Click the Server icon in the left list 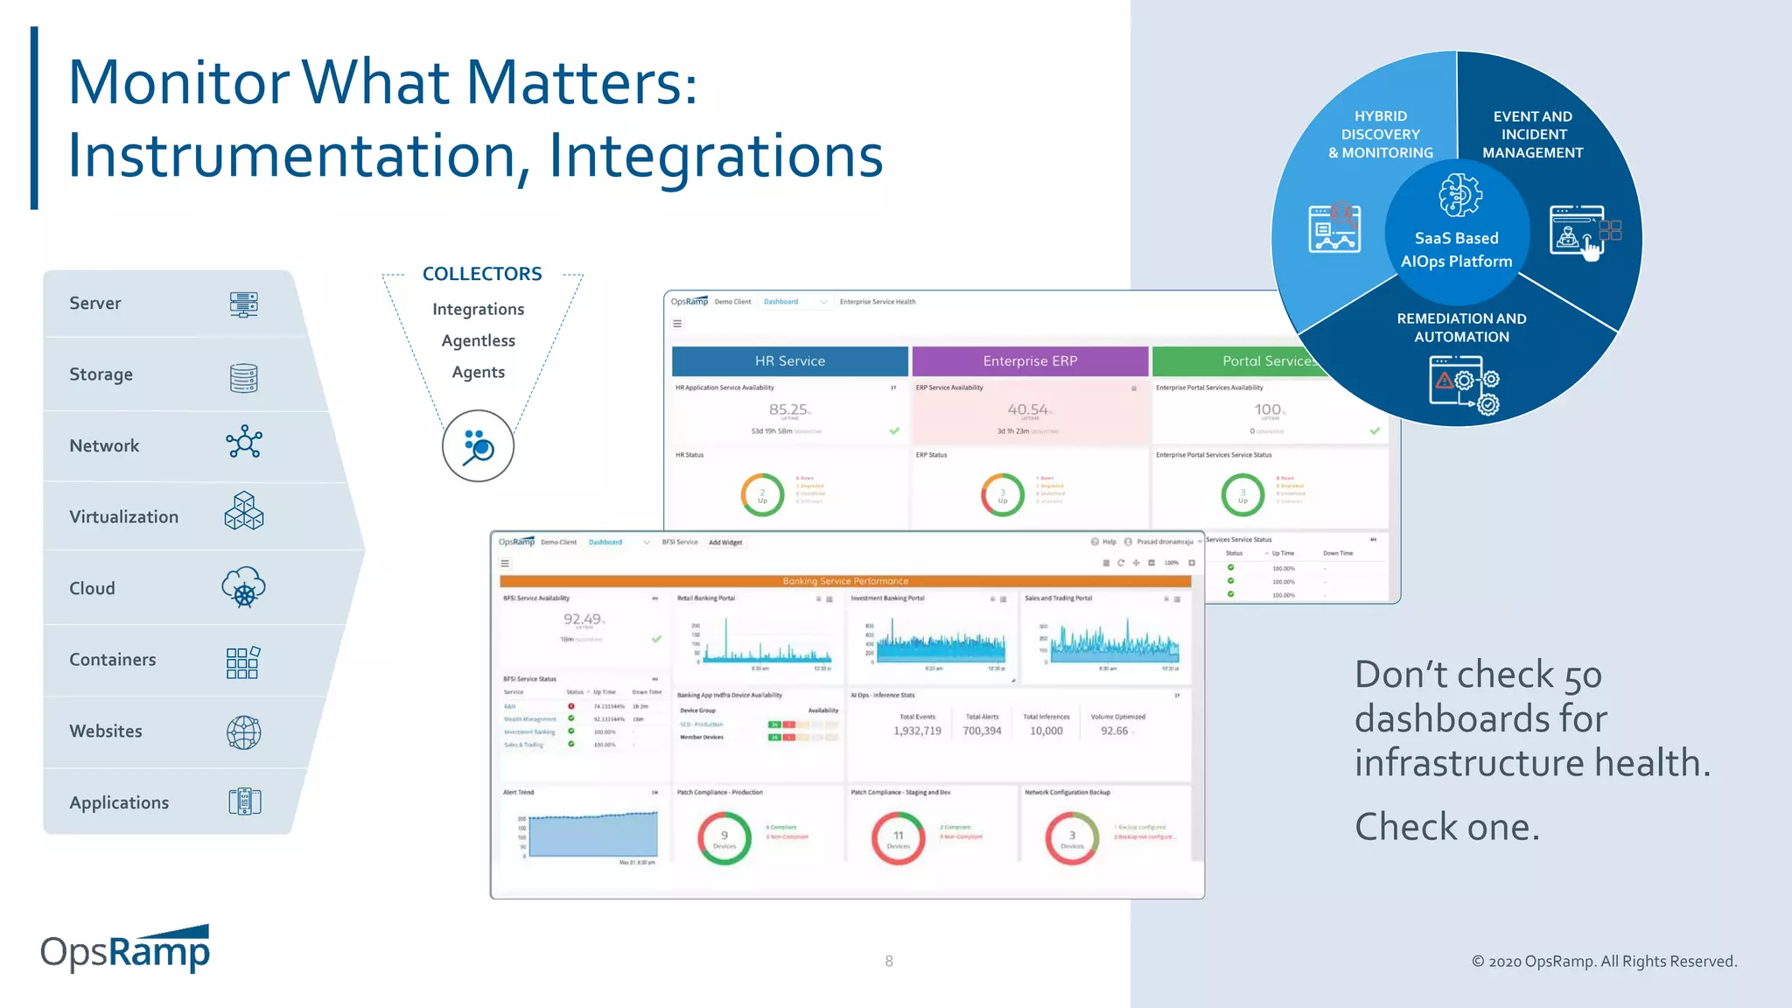click(243, 304)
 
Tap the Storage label click(101, 374)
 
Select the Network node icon click(243, 443)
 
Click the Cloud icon click(243, 587)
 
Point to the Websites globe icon click(243, 732)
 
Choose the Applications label click(119, 802)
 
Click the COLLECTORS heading click(482, 274)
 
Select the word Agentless click(478, 340)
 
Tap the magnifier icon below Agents click(478, 446)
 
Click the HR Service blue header click(789, 360)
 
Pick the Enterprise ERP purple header click(1029, 360)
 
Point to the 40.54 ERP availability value click(1027, 409)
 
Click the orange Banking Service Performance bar click(844, 581)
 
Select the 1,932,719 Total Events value click(917, 731)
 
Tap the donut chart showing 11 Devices click(898, 838)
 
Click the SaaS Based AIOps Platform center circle click(1456, 236)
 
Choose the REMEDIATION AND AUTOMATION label click(1461, 327)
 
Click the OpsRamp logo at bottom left click(125, 951)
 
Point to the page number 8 click(889, 961)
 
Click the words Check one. click(1446, 827)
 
